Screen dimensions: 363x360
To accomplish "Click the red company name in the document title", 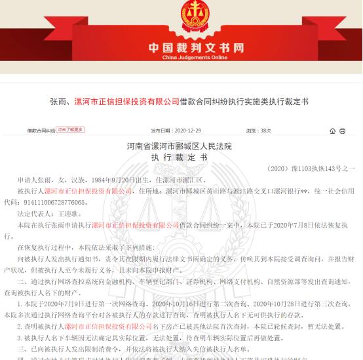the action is coord(126,102).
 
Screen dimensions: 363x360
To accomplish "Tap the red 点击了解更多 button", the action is coord(71,130).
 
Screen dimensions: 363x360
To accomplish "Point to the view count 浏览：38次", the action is coord(257,130).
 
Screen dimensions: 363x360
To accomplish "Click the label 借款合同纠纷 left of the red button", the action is coord(41,130).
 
